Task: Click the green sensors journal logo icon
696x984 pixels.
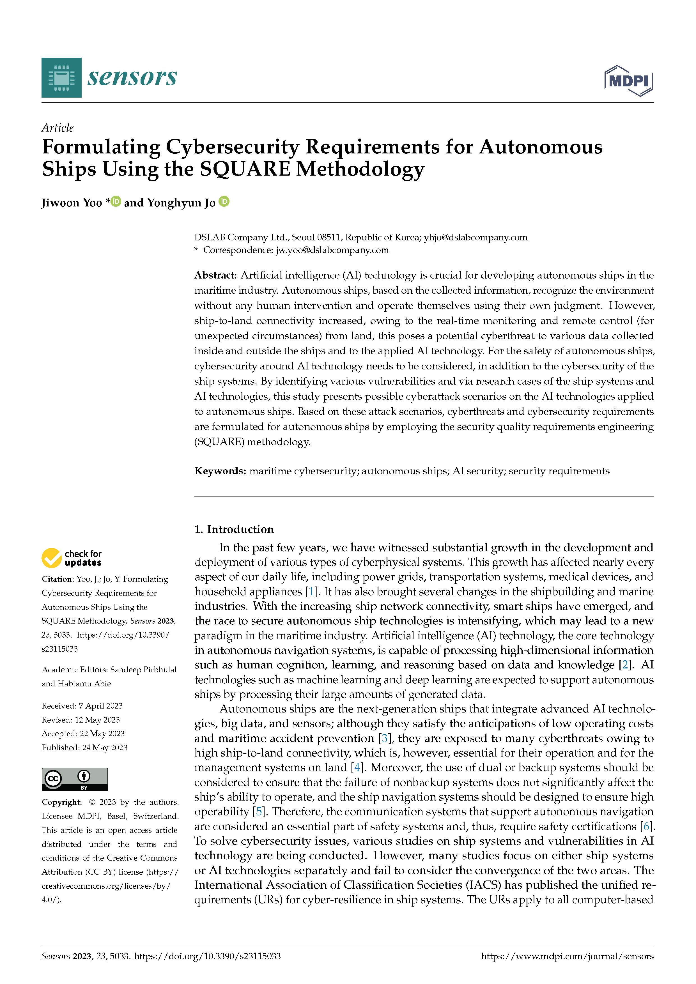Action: [61, 78]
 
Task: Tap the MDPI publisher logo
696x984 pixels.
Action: [628, 80]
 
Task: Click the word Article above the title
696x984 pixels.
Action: [58, 128]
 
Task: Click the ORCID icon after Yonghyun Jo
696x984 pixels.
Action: [224, 201]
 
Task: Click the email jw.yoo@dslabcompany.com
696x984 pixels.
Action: [332, 250]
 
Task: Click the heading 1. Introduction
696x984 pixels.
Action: [234, 529]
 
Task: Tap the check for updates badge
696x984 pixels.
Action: [72, 558]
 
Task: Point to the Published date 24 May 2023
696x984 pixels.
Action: [105, 748]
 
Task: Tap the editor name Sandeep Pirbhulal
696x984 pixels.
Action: [143, 670]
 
